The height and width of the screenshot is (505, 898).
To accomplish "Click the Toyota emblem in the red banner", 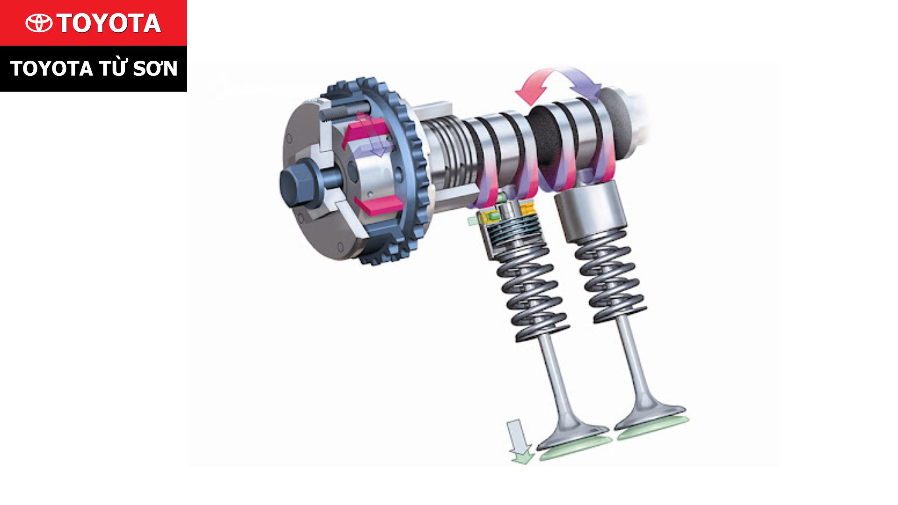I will click(x=39, y=23).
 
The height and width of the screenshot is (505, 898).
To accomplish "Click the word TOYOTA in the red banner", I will click(x=109, y=23).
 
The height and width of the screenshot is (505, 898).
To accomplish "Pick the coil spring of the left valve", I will click(x=533, y=295).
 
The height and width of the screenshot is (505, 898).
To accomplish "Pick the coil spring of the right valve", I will click(x=610, y=276).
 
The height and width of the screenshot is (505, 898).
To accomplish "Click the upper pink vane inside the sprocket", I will click(x=365, y=131).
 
